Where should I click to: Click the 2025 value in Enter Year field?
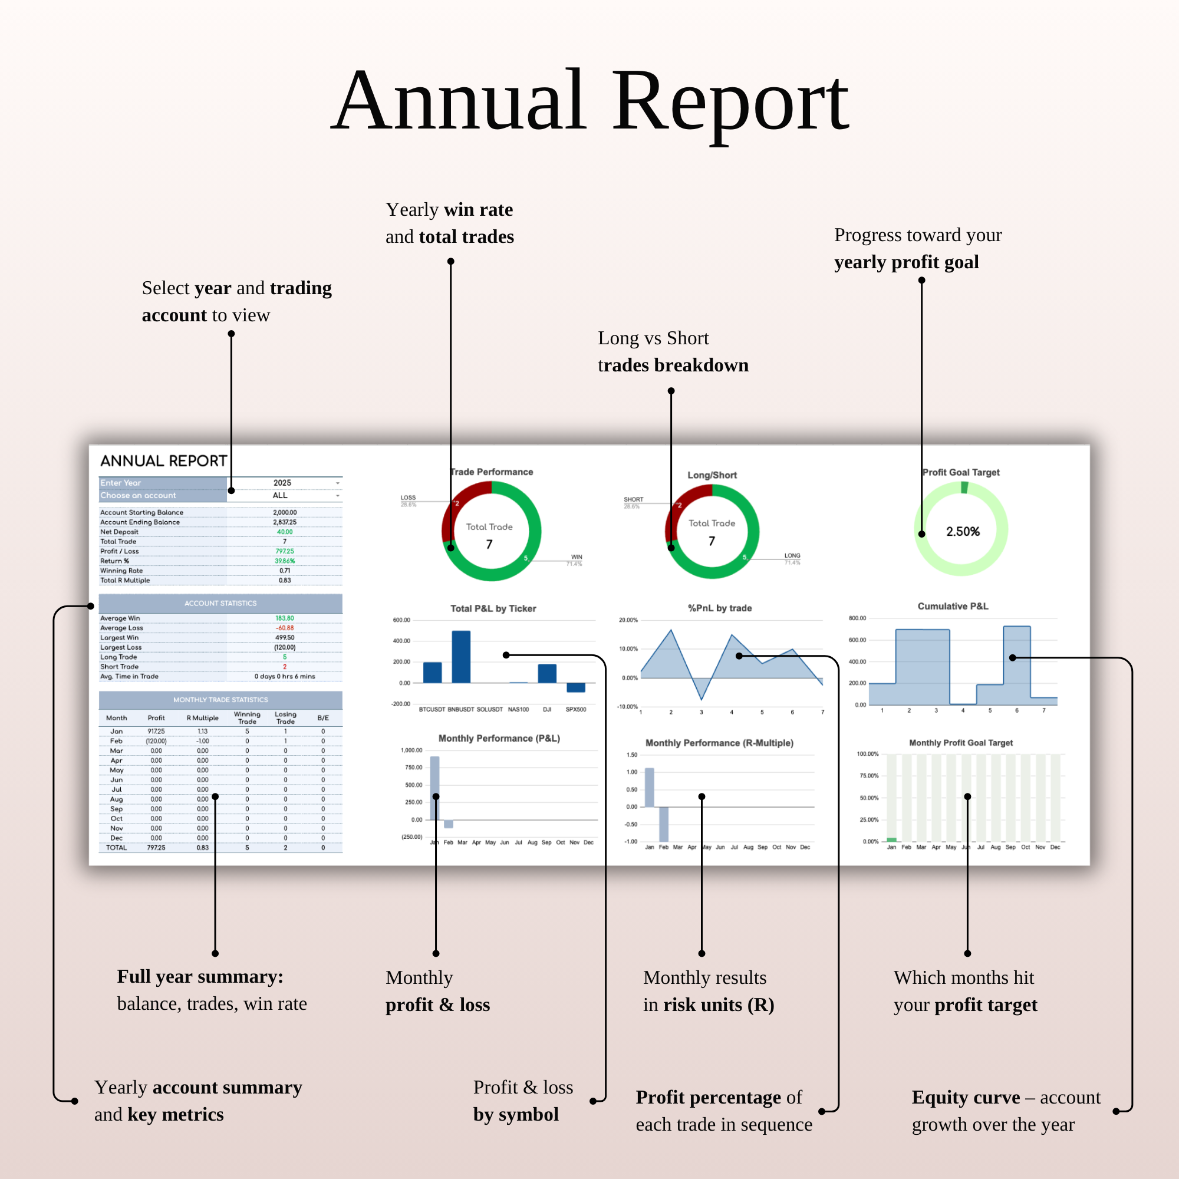click(x=282, y=483)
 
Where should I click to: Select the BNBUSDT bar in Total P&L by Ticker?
click(x=461, y=657)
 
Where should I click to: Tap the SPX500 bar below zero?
click(x=575, y=688)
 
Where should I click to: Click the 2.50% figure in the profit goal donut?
click(x=963, y=532)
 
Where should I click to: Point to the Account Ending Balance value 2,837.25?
click(x=284, y=522)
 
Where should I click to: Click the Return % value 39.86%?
click(x=284, y=561)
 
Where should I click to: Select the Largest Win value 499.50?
click(x=284, y=638)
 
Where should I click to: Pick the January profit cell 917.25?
click(x=156, y=731)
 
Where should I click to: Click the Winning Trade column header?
click(x=247, y=717)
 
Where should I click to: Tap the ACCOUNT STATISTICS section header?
click(x=220, y=604)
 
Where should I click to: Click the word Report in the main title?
click(x=730, y=103)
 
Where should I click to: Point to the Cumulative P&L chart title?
click(x=953, y=606)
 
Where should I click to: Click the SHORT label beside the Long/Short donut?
click(x=634, y=499)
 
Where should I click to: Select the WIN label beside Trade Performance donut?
click(x=577, y=556)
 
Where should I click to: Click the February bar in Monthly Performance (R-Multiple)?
click(x=663, y=824)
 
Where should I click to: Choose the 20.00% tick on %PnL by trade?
click(x=628, y=620)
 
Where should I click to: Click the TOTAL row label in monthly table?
click(x=117, y=848)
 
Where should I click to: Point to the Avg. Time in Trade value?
click(x=284, y=676)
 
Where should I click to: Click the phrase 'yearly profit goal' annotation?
click(x=906, y=262)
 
